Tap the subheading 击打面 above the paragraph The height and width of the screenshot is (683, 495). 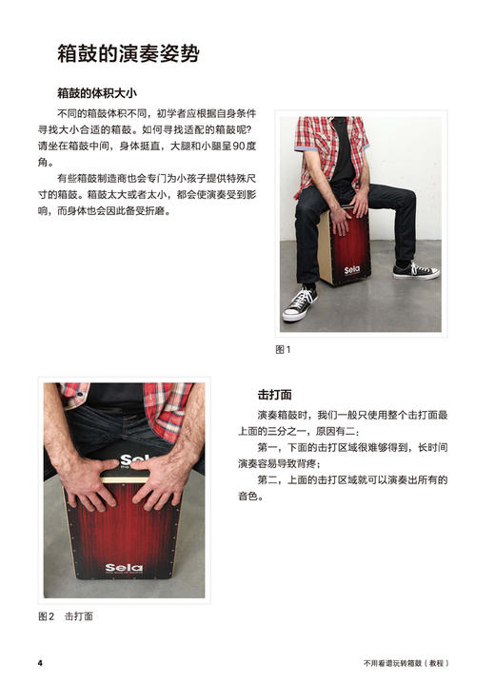(274, 394)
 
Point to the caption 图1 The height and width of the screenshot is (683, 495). (283, 350)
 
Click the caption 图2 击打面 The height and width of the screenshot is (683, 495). (66, 616)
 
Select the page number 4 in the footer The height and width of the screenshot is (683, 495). (40, 662)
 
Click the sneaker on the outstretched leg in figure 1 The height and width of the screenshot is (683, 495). (415, 270)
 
